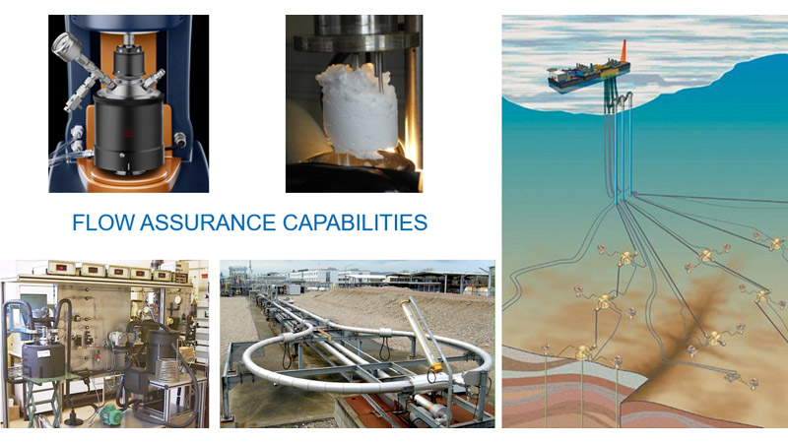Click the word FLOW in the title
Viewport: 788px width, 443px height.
(103, 222)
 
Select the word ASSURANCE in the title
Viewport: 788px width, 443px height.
(209, 222)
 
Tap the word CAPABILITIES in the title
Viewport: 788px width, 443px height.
(355, 222)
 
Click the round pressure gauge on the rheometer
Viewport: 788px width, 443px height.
(62, 42)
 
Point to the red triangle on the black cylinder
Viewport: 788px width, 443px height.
(128, 133)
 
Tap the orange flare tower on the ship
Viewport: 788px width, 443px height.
(624, 51)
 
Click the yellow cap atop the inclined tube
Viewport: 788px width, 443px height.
(404, 304)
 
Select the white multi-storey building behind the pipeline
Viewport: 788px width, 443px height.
(312, 277)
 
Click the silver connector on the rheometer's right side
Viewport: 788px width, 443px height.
(179, 140)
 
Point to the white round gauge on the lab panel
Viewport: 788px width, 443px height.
(176, 300)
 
